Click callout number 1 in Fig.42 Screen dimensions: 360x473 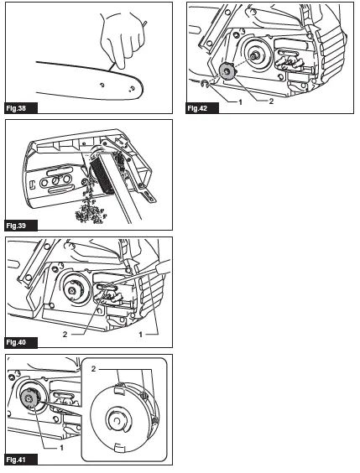click(x=241, y=102)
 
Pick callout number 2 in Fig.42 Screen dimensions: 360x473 click(x=271, y=101)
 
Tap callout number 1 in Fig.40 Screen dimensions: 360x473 click(x=140, y=335)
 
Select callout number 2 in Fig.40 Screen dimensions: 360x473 click(x=65, y=335)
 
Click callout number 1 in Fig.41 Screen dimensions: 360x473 click(x=62, y=448)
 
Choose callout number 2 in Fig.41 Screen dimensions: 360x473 click(x=93, y=369)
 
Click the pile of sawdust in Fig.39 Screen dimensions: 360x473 click(x=90, y=207)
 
